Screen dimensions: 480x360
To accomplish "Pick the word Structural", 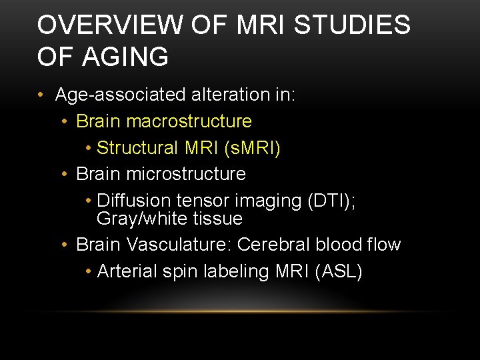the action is tap(138, 147).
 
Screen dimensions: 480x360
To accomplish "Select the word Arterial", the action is tap(126, 271).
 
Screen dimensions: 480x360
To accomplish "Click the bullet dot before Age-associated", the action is tap(41, 95).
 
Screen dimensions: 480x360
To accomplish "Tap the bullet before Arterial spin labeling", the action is tap(89, 272).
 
